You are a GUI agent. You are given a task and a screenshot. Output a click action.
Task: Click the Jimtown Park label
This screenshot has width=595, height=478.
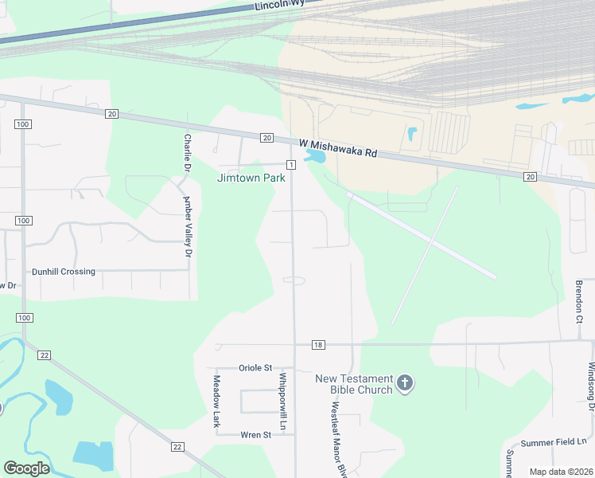[x=251, y=178]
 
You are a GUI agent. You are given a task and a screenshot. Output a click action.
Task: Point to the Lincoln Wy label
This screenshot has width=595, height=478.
[x=279, y=6]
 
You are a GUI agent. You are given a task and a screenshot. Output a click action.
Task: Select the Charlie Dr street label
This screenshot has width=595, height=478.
[x=188, y=152]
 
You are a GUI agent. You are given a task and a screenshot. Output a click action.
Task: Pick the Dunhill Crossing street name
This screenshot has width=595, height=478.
[x=63, y=272]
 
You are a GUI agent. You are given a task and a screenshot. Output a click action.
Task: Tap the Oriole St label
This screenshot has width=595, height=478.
[x=255, y=368]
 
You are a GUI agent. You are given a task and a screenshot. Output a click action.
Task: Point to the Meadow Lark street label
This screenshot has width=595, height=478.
[x=216, y=402]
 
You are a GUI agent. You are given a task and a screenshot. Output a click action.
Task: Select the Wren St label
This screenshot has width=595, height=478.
[x=255, y=435]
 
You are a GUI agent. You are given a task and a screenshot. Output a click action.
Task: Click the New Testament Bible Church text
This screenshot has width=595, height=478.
[x=354, y=384]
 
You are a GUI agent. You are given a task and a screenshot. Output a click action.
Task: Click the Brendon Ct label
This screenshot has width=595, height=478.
[x=579, y=298]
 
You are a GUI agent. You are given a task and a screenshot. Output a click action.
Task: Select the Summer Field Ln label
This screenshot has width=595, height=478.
[x=554, y=442]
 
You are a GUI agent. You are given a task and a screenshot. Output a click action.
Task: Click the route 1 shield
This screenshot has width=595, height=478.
[x=291, y=164]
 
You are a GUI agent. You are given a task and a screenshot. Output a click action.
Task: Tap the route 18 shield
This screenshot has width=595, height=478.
[x=318, y=345]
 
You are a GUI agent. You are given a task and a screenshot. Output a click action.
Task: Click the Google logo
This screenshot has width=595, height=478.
[x=26, y=468]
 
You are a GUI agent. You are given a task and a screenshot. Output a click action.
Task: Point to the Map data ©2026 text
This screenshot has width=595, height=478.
[x=561, y=472]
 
